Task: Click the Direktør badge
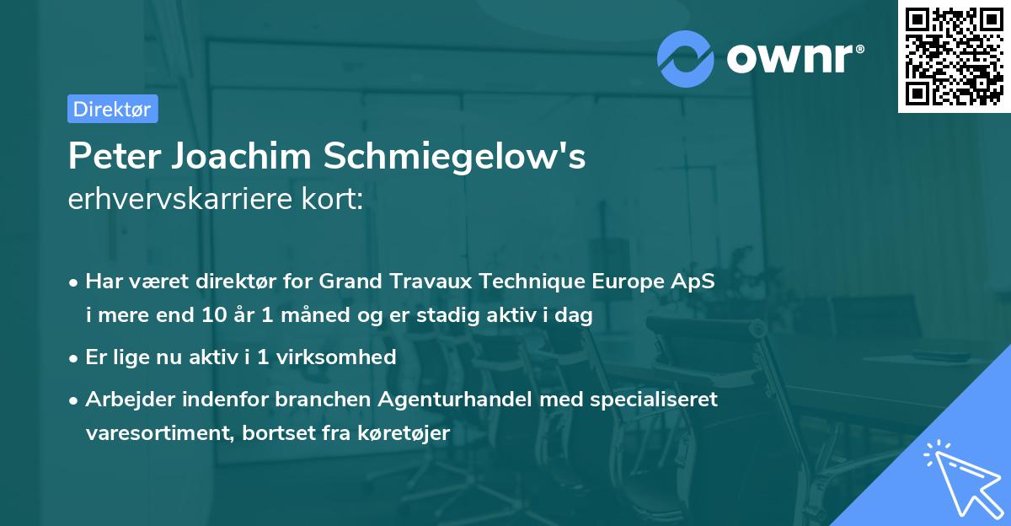tap(112, 109)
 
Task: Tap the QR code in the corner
tap(955, 56)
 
